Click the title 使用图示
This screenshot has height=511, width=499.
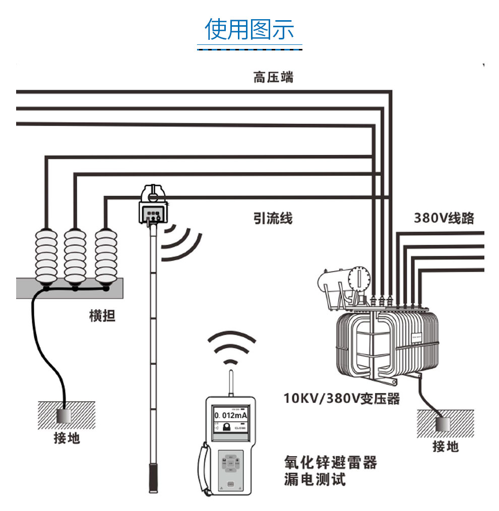pos(249,29)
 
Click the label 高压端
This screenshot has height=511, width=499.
pos(273,78)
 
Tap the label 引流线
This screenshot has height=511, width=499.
pos(273,218)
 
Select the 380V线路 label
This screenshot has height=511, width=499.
pos(444,218)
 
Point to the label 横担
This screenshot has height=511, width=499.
pos(102,316)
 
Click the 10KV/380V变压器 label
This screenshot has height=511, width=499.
pos(342,399)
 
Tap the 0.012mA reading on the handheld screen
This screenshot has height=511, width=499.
pos(231,415)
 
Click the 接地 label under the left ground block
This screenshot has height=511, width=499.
pos(67,437)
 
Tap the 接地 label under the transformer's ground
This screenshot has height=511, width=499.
pos(446,445)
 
